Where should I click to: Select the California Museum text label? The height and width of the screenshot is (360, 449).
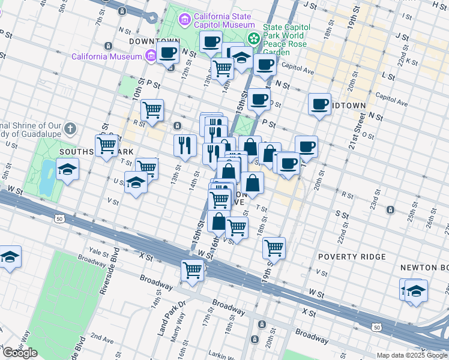tap(105, 57)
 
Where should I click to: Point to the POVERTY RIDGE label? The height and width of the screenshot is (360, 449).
tap(346, 257)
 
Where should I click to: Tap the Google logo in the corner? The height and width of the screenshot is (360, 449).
tap(20, 353)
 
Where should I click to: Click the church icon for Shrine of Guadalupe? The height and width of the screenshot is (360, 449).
tap(70, 128)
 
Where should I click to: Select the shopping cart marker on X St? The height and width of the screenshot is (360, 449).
tap(192, 271)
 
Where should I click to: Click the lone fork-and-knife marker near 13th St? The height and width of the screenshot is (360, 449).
tap(185, 145)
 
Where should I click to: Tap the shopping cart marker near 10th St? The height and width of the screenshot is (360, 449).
tap(152, 110)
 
